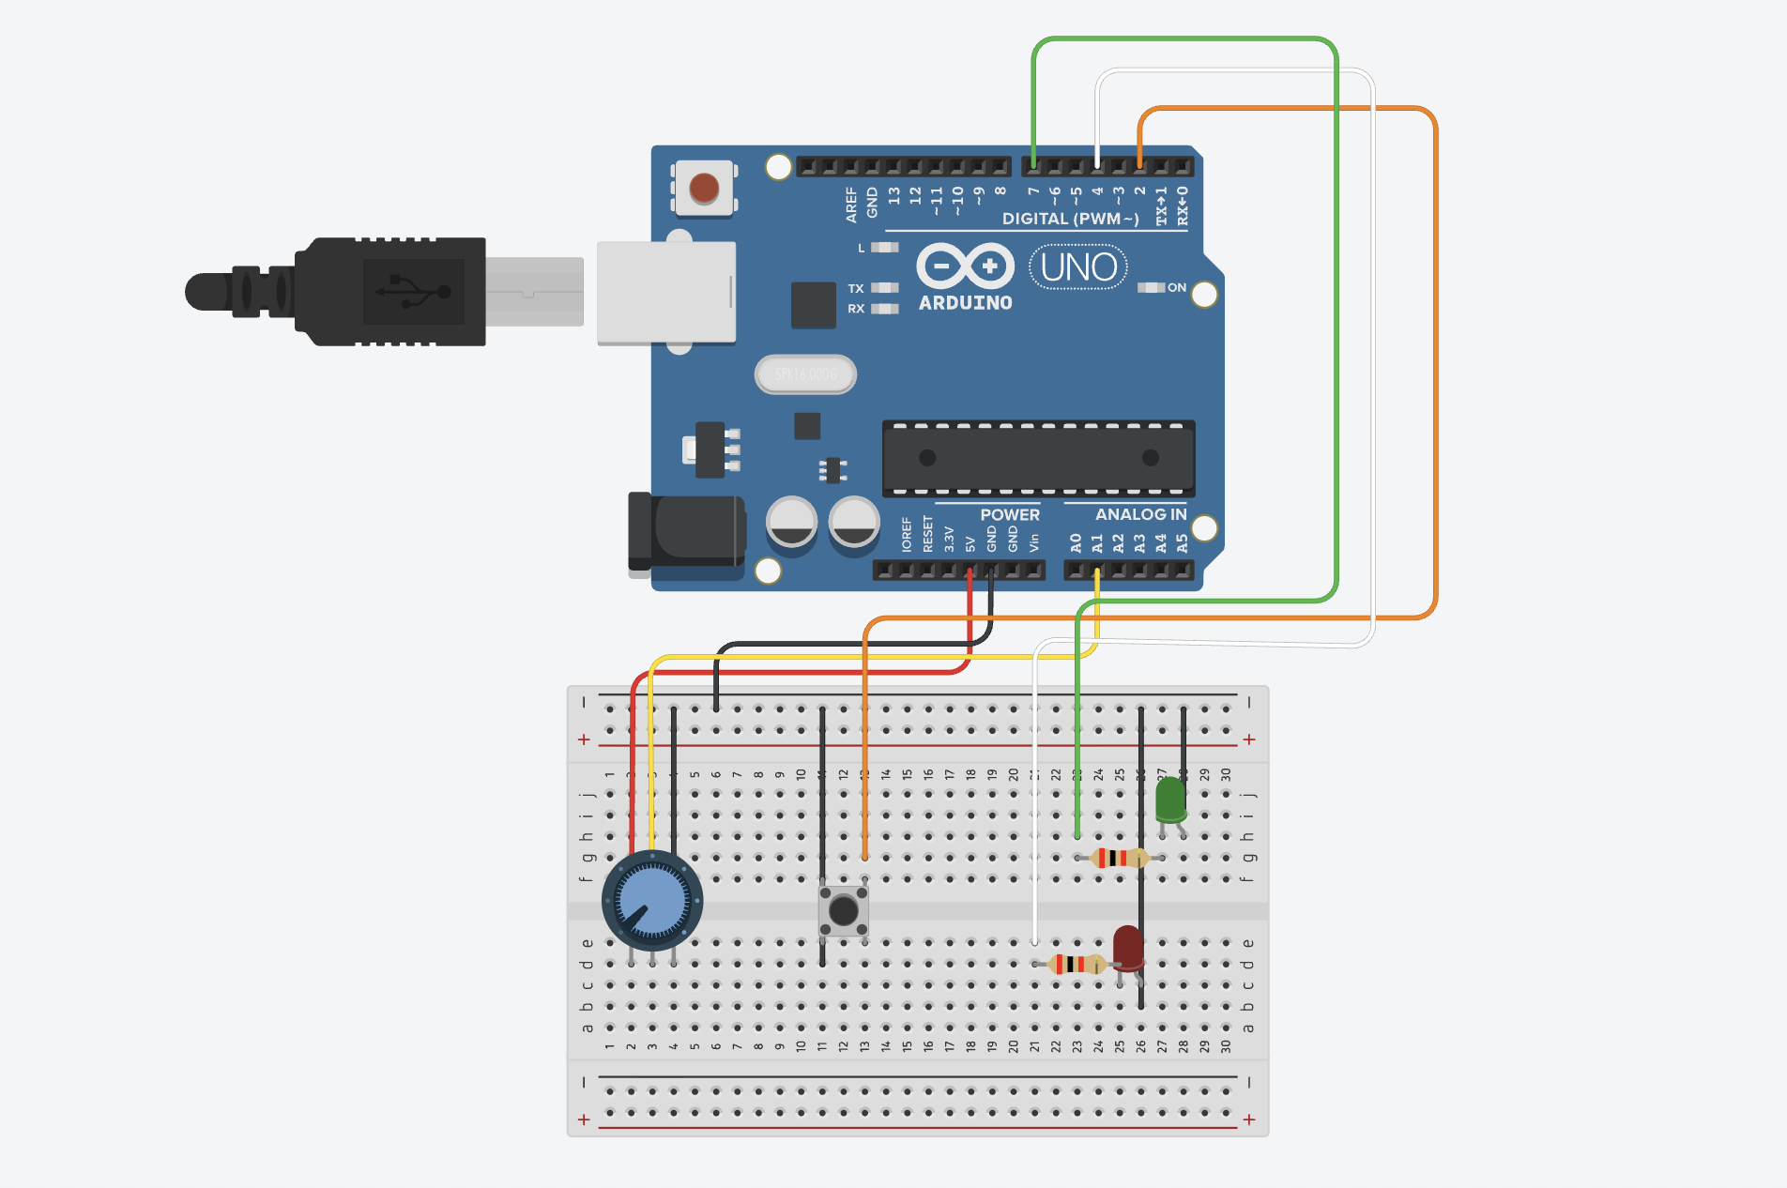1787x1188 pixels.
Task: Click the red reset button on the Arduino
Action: [x=704, y=188]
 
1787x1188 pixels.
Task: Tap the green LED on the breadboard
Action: [x=1170, y=800]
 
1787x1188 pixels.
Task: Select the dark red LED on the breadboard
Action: [x=1127, y=948]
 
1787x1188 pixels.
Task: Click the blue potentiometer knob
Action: [x=652, y=902]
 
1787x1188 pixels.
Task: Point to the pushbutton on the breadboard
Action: [x=843, y=909]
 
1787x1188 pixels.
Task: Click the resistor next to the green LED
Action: [x=1117, y=858]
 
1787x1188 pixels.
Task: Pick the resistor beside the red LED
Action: [x=1076, y=964]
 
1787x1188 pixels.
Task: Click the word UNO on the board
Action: [x=1078, y=267]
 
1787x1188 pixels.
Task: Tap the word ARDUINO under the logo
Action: [x=965, y=303]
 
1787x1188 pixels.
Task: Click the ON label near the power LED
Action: [x=1177, y=287]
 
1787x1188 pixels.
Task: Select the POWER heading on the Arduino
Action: [x=1010, y=514]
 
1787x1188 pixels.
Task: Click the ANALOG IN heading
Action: [x=1140, y=514]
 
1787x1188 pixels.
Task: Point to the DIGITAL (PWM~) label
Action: [x=1070, y=219]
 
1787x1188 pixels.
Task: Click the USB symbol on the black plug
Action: [x=414, y=292]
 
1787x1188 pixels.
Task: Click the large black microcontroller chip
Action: [x=1038, y=458]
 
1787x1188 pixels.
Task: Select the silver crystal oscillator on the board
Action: [x=805, y=374]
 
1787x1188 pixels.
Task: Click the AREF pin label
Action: [x=851, y=204]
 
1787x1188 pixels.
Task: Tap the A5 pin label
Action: [x=1182, y=542]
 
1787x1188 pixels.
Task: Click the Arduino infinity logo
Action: [x=965, y=267]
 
